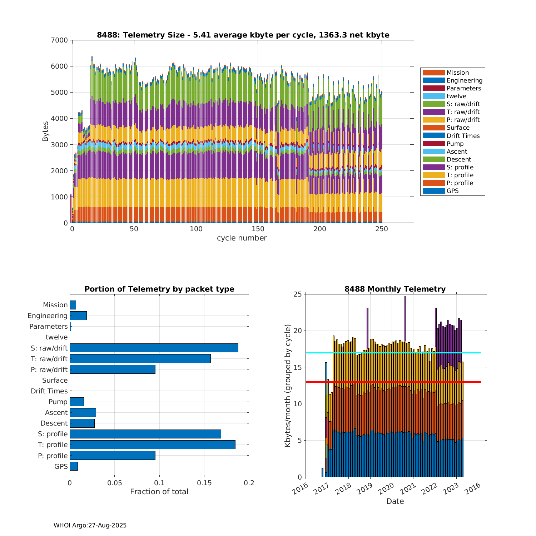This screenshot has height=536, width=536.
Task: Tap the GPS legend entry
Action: click(452, 191)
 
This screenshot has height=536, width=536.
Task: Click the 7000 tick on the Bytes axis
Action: click(59, 40)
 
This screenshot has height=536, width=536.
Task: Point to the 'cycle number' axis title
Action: click(242, 238)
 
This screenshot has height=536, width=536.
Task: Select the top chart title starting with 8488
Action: click(243, 35)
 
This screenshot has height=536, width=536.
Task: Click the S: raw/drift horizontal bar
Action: click(154, 348)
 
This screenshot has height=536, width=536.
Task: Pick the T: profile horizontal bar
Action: click(152, 445)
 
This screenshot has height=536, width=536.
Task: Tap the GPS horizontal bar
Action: click(74, 466)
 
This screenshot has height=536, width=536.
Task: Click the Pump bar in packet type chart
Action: click(77, 402)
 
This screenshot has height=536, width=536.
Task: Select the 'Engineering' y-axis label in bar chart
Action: click(48, 316)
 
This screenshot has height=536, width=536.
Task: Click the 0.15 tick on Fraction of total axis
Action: click(204, 483)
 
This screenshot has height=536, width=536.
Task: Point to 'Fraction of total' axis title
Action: click(159, 492)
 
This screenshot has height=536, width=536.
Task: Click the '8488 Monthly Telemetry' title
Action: click(395, 289)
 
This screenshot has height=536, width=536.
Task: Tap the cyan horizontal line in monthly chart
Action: click(393, 353)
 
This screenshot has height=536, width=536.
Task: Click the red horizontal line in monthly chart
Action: click(393, 382)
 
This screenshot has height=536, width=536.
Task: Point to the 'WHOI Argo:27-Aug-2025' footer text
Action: click(90, 525)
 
